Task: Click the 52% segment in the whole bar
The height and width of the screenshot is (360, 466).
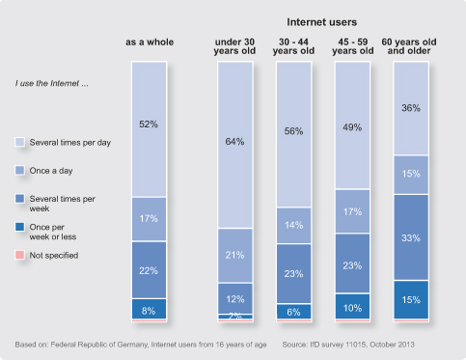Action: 150,129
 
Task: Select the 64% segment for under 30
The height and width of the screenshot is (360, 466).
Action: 235,145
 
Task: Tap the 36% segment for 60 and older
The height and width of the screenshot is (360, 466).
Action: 411,108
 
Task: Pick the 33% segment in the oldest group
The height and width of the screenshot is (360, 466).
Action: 411,237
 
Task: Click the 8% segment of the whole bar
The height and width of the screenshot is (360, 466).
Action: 150,309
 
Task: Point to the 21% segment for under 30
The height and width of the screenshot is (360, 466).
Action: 235,256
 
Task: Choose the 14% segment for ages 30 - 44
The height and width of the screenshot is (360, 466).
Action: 294,225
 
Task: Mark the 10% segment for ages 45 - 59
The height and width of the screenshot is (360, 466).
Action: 352,307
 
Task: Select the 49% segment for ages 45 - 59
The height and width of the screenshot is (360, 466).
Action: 352,125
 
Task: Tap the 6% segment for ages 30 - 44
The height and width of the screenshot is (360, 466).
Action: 294,312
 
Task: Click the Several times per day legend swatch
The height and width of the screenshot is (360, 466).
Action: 19,142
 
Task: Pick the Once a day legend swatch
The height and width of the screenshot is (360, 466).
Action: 19,170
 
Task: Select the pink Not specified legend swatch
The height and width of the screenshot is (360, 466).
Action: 19,255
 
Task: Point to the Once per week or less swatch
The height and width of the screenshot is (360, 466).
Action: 19,227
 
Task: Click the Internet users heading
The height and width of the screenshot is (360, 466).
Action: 322,22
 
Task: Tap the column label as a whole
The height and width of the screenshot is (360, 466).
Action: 150,42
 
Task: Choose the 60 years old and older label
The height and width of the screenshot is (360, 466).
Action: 409,46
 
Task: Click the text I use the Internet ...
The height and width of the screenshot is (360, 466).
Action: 51,84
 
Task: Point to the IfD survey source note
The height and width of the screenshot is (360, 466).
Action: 348,345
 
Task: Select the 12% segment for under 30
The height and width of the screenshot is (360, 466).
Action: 235,298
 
